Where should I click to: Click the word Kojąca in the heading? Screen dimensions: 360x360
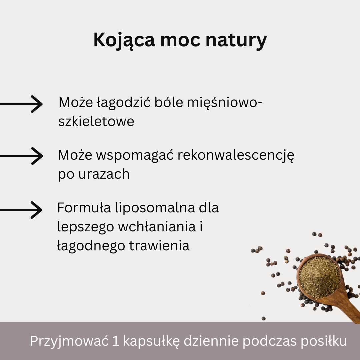124,40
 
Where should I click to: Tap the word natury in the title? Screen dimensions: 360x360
236,40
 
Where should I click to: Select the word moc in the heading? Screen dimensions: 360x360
180,40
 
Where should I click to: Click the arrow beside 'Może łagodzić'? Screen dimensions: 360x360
21,104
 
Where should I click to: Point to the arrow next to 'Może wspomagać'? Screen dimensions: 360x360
21,156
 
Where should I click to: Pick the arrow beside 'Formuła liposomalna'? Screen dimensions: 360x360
21,210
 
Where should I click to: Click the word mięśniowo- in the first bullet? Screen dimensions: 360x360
225,103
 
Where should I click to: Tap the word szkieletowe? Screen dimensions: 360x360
96,121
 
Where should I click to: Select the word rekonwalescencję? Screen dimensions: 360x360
236,155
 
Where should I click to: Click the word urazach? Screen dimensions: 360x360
104,174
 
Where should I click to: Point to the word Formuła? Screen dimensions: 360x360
84,208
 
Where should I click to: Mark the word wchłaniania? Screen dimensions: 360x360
157,227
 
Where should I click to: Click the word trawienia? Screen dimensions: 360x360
159,246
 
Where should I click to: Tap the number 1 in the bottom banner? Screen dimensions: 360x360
116,341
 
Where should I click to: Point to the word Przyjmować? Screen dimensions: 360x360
69,341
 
